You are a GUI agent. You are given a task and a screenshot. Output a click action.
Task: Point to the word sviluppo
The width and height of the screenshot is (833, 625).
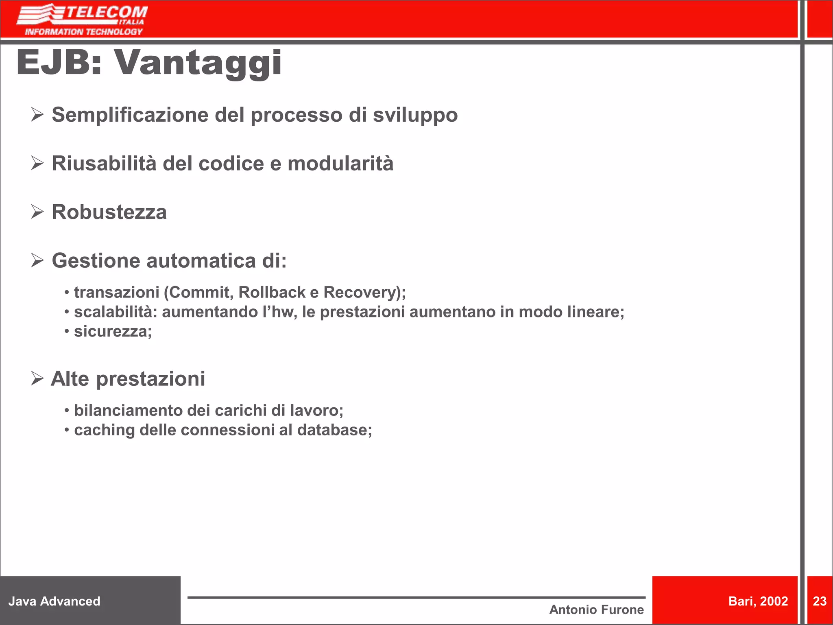415,116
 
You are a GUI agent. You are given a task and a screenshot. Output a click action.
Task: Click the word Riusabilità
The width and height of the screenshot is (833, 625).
104,164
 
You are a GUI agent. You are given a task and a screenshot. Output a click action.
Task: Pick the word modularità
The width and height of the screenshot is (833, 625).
340,164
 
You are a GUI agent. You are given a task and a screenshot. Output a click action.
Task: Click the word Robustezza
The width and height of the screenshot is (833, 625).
109,212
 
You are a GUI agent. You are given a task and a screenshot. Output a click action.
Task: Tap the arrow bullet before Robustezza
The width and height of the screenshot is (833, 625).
37,212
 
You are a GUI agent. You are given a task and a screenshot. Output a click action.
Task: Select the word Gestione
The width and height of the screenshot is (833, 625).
96,261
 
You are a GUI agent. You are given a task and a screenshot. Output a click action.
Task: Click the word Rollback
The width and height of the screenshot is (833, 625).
272,293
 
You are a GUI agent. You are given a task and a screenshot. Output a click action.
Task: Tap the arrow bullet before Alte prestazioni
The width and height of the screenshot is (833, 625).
37,379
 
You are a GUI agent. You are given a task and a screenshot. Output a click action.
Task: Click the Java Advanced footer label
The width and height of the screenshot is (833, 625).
55,601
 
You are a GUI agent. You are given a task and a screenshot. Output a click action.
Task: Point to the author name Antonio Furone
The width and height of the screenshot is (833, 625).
596,610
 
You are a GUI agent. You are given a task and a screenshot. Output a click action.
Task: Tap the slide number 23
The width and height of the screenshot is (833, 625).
820,601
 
